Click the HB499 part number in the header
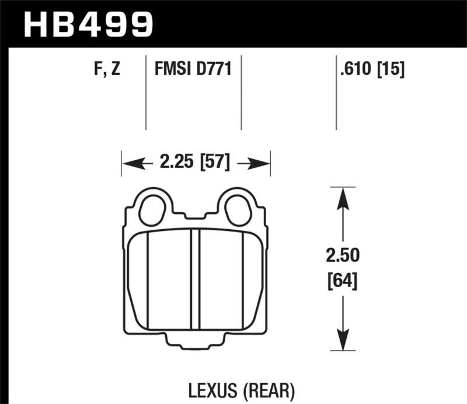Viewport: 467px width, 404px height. (88, 25)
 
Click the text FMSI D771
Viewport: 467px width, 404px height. (193, 70)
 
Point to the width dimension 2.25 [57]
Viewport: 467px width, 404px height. (195, 162)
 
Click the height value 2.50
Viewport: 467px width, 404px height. (344, 255)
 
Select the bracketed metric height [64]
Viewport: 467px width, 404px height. (344, 281)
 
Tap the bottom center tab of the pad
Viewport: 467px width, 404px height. (196, 345)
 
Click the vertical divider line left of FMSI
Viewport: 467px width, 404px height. (145, 94)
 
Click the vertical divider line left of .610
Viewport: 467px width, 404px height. (336, 94)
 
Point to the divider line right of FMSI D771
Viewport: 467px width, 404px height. (241, 94)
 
